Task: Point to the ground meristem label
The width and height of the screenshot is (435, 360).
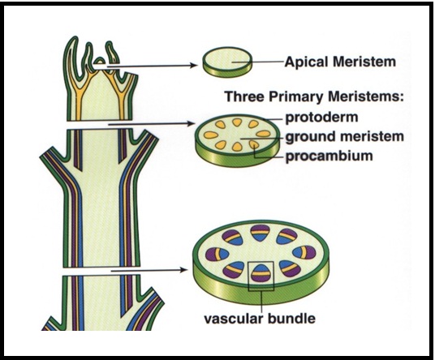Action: click(x=335, y=136)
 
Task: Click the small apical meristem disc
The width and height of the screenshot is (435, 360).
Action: click(x=226, y=59)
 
